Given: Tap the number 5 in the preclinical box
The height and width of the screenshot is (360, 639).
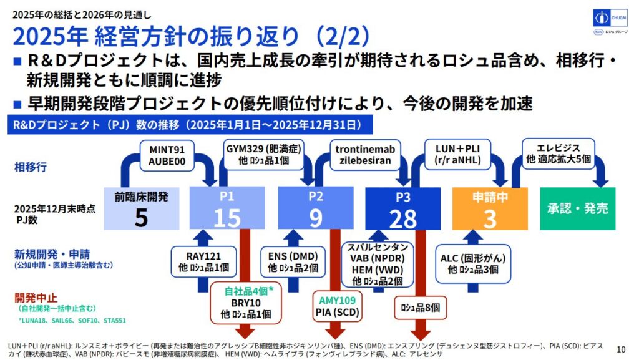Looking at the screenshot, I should click(x=141, y=217).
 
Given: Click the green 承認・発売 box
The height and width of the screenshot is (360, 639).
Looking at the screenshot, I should click(x=578, y=208).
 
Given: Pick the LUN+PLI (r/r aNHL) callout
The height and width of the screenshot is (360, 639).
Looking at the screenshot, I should click(x=454, y=155).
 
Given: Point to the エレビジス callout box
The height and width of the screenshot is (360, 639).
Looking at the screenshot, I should click(x=559, y=153).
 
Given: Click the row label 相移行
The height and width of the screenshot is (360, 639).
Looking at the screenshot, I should click(x=31, y=167).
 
